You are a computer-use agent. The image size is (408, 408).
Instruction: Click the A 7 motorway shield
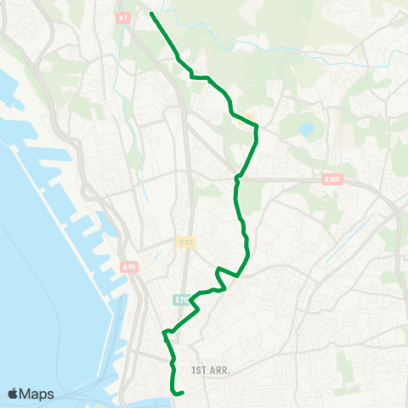coord(124,17)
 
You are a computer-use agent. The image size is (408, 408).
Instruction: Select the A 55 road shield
coord(129,267)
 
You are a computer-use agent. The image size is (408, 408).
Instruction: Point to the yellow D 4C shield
coord(187,241)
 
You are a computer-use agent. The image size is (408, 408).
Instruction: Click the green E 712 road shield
coord(181,299)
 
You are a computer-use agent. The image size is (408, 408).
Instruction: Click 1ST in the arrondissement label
coord(200,371)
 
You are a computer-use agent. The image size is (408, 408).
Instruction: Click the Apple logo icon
coord(14,394)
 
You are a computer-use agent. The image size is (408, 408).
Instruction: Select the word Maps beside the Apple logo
coord(38,394)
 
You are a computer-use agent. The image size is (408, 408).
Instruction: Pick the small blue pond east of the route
coord(306,130)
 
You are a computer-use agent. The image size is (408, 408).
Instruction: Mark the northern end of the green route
coord(151,14)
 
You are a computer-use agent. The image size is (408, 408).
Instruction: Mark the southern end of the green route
coord(184,393)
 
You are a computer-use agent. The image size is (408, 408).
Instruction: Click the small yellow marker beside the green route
coord(249,118)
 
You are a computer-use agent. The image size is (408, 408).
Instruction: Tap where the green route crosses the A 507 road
coord(239,178)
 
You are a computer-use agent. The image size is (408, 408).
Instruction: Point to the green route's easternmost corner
coord(257,127)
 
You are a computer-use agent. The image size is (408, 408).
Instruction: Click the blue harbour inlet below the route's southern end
coord(161,399)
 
